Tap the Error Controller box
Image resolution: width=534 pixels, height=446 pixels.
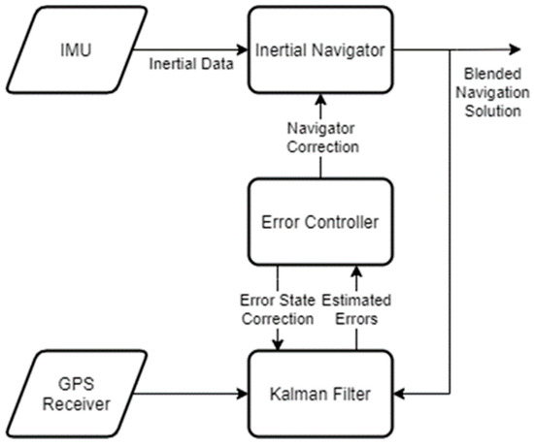pyautogui.click(x=320, y=222)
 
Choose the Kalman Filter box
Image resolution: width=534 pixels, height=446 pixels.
pyautogui.click(x=320, y=395)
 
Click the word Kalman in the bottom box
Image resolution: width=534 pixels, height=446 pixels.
pyautogui.click(x=301, y=395)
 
